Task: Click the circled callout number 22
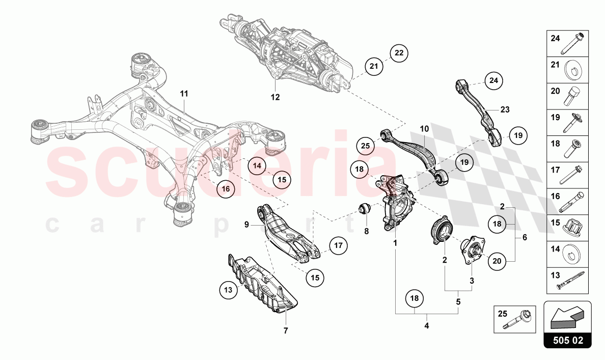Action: tap(399, 52)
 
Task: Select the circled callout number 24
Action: tap(493, 80)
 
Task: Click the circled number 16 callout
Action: tap(226, 188)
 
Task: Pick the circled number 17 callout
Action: tap(338, 245)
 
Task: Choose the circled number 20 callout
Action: tap(497, 261)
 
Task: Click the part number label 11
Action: tap(183, 94)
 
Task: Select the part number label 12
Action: tap(275, 97)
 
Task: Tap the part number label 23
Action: tap(504, 109)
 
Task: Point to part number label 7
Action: tap(286, 330)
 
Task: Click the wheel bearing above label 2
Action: tap(441, 233)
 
